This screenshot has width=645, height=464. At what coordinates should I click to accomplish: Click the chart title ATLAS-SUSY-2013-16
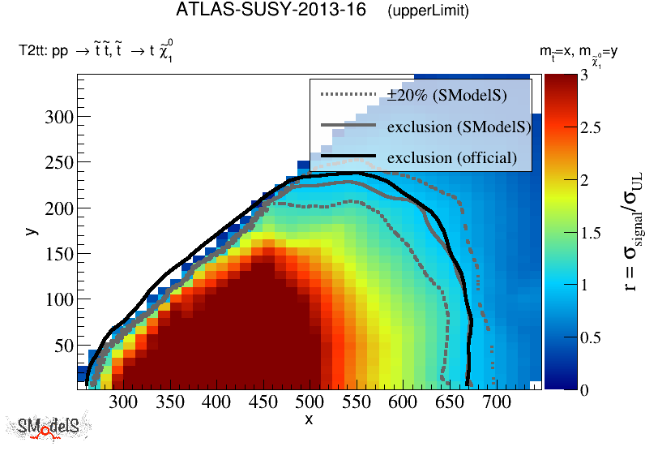point(273,11)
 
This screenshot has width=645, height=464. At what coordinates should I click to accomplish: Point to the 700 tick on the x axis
point(496,402)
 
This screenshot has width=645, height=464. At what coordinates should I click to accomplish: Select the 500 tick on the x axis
point(309,402)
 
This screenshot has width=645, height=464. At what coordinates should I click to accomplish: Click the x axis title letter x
point(309,419)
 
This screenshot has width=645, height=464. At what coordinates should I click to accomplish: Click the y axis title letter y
point(31,230)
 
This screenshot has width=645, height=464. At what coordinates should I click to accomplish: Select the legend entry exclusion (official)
point(451,157)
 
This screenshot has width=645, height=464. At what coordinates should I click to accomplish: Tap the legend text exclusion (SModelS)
point(459,127)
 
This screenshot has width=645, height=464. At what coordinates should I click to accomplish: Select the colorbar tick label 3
point(561,75)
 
